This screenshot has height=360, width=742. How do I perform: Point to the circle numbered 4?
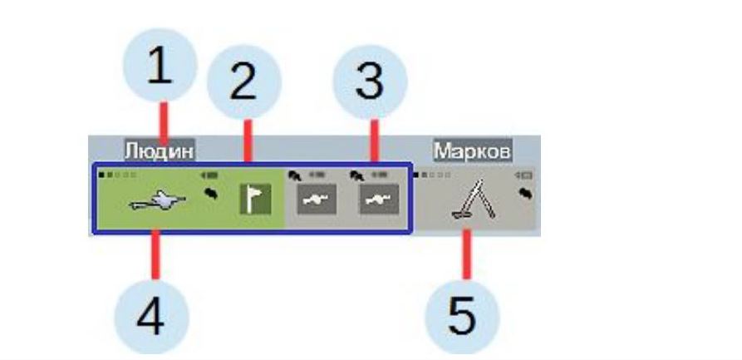pos(150,318)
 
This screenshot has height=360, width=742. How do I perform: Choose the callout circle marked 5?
pos(462,317)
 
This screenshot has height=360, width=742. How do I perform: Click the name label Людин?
pos(160,150)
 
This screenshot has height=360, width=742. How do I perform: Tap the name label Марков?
pos(472,150)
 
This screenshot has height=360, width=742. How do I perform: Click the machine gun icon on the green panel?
pos(159,201)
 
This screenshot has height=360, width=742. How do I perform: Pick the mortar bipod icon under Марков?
pos(469,205)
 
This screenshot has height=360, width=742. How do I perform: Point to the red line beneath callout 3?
pos(374,141)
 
